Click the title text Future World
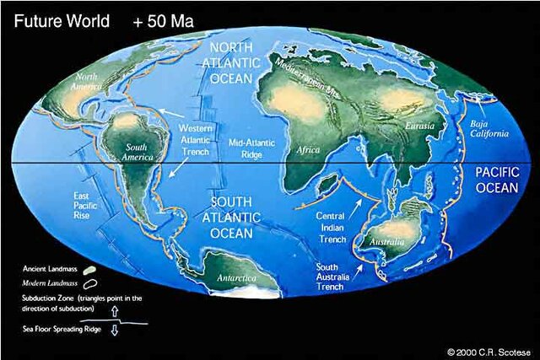click(x=57, y=19)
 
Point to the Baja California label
click(x=487, y=127)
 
